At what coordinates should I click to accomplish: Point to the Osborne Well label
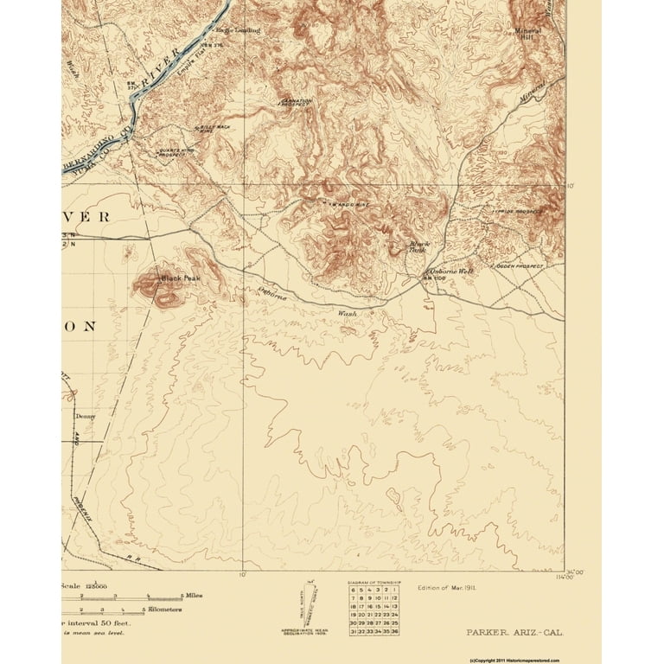[x=449, y=271]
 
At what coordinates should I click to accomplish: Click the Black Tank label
[x=419, y=247]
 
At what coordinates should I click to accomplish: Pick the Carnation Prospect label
[x=297, y=102]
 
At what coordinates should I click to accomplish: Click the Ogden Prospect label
[x=519, y=267]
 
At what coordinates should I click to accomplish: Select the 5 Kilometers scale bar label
[x=163, y=610]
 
